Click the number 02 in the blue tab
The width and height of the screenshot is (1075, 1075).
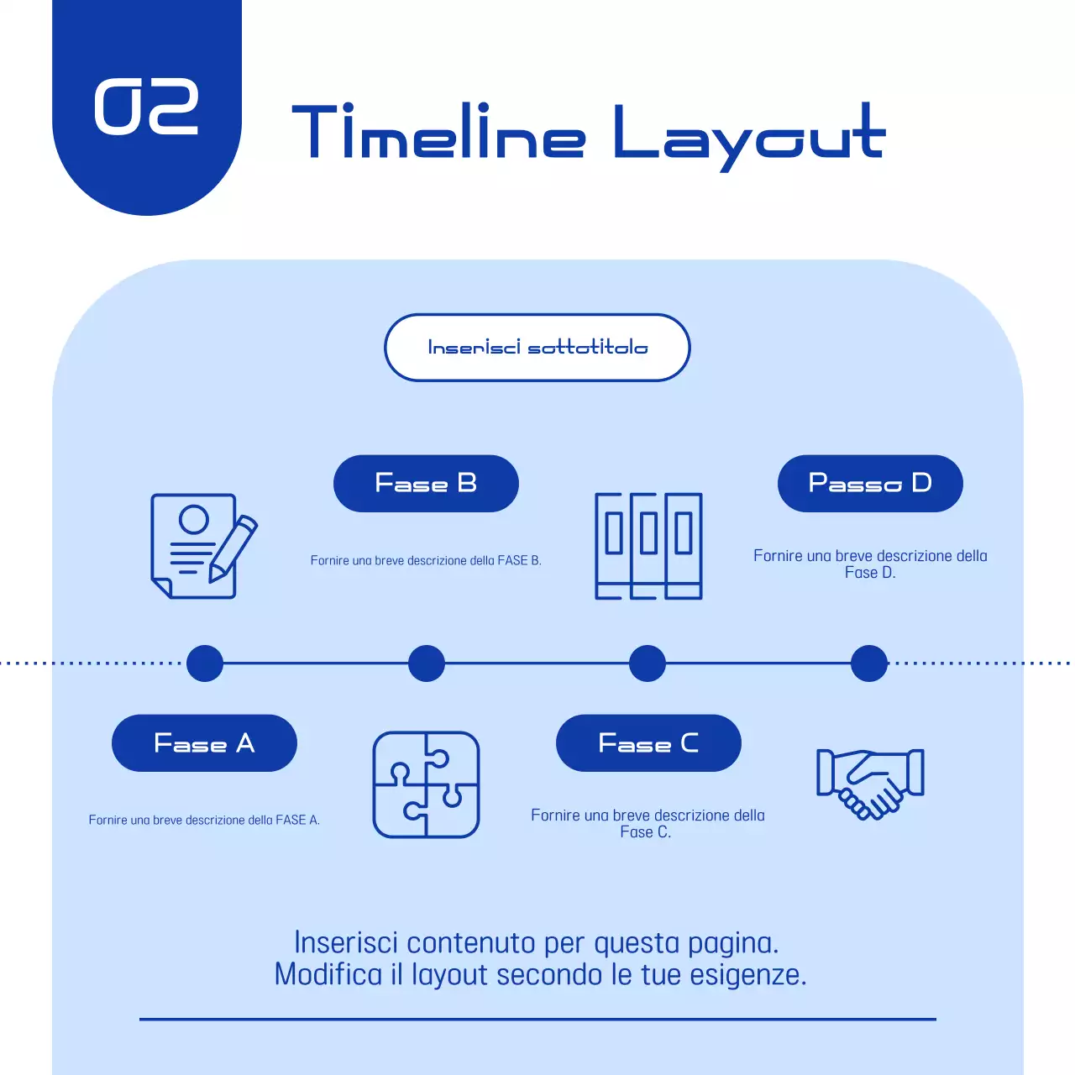click(x=146, y=107)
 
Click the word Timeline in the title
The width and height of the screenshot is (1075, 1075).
click(x=438, y=133)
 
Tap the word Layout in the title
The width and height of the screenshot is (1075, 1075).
click(x=749, y=134)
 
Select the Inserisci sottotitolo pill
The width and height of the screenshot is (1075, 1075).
click(x=537, y=348)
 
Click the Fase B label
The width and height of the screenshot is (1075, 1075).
click(x=426, y=484)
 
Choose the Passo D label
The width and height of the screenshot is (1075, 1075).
click(x=870, y=484)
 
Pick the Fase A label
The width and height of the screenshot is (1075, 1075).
click(x=204, y=743)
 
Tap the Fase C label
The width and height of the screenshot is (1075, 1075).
click(x=648, y=743)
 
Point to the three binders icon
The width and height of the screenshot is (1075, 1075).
click(x=648, y=546)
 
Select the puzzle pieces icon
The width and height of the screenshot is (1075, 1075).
click(x=426, y=784)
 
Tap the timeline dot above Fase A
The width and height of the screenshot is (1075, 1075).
click(x=205, y=663)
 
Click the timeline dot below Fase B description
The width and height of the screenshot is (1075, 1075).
click(x=427, y=663)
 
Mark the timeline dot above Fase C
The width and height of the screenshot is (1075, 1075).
click(x=648, y=663)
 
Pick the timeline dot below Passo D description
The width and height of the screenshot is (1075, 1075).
click(x=869, y=663)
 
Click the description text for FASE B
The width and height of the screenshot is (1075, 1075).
click(x=426, y=560)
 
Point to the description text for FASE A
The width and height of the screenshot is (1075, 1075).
click(x=204, y=820)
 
